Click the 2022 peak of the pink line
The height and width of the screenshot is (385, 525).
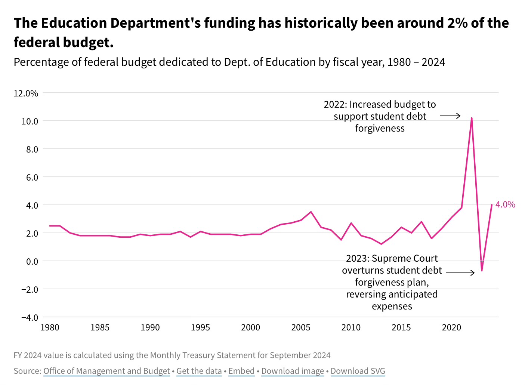point(472,118)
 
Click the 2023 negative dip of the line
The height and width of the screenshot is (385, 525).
point(482,270)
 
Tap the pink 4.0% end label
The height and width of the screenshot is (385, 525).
point(505,204)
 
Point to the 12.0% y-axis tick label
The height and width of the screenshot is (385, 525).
point(26,93)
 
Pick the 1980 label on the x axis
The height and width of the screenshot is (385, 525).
point(50,328)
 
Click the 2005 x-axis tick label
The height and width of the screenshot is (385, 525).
point(301,328)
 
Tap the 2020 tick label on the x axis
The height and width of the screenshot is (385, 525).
point(451,328)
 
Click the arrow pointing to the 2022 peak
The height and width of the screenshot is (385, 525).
point(450,116)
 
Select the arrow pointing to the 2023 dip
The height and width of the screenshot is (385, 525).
point(460,273)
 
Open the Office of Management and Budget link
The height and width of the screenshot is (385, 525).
point(106,371)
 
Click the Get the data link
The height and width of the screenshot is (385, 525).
point(199,371)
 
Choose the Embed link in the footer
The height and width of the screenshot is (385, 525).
point(241,371)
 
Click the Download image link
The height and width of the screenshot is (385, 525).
point(293,371)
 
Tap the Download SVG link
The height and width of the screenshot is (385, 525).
point(358,371)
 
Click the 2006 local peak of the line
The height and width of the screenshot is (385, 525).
point(311,212)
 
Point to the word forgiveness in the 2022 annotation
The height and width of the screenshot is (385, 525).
point(380,128)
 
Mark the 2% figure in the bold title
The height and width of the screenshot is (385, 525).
point(457,23)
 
